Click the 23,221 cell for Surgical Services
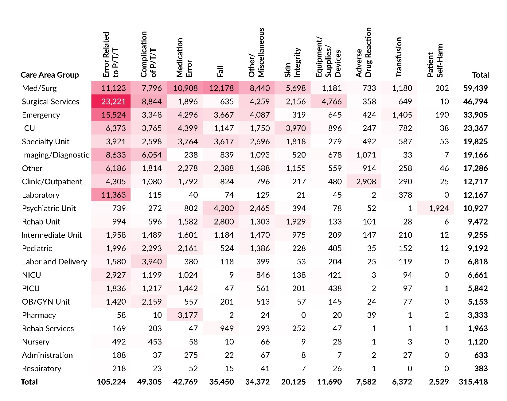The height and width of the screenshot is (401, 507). (113, 102)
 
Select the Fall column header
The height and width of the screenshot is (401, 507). (220, 71)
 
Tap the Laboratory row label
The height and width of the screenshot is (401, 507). (41, 195)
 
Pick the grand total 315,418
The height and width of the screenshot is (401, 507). (473, 382)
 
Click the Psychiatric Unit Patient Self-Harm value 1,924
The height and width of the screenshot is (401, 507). (439, 208)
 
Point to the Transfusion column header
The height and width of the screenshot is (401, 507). (399, 57)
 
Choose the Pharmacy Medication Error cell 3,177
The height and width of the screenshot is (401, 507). (188, 315)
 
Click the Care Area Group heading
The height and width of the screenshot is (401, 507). (49, 75)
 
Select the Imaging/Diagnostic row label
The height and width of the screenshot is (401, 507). (55, 155)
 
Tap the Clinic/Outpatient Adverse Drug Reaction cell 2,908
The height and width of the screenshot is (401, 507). (366, 182)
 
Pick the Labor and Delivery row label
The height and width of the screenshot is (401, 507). (54, 262)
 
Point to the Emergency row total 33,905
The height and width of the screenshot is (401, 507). (475, 115)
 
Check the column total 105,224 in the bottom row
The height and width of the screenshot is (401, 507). (111, 382)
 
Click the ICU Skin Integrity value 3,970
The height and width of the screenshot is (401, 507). (296, 128)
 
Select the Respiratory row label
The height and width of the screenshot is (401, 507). (41, 369)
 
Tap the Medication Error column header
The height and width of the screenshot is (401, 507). (184, 57)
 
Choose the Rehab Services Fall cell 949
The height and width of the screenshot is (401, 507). (227, 329)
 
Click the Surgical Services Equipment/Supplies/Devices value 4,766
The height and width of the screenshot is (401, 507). (332, 102)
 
